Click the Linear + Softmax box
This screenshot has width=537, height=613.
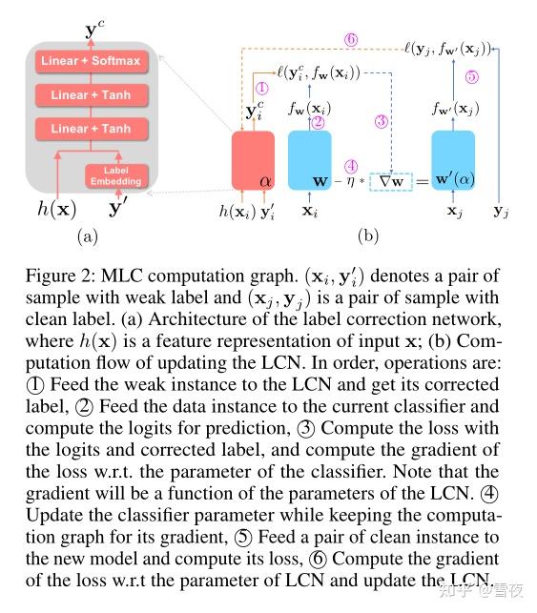click(x=90, y=62)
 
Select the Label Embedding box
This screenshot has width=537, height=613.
click(x=115, y=175)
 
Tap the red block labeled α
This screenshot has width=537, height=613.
click(x=253, y=160)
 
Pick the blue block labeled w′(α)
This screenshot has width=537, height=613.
click(x=452, y=160)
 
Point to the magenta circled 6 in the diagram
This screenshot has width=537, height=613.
click(x=351, y=40)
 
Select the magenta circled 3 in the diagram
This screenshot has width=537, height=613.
click(x=382, y=122)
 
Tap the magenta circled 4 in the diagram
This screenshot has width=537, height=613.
click(x=351, y=164)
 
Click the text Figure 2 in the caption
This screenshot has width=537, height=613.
click(x=69, y=277)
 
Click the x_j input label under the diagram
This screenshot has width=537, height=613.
click(x=452, y=212)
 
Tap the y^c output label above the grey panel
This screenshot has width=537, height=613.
click(x=91, y=30)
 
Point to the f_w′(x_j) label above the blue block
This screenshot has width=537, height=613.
click(x=452, y=109)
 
